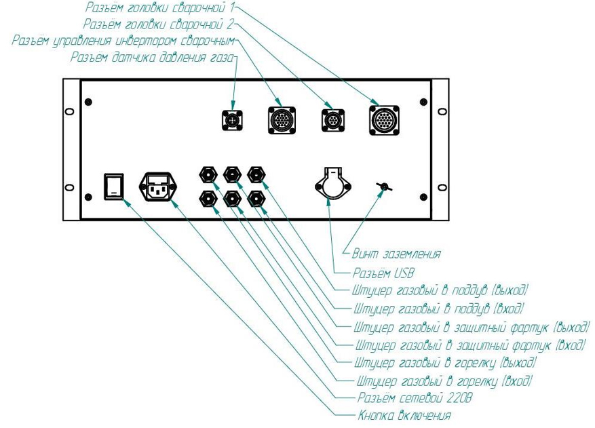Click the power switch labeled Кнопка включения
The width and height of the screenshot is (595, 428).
114,186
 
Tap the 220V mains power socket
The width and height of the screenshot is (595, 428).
158,186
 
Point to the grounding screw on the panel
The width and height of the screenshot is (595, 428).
382,186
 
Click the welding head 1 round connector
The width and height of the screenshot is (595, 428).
383,120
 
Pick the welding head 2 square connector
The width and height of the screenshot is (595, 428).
334,120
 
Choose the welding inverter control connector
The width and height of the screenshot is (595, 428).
283,120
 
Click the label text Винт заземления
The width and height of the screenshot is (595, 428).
396,254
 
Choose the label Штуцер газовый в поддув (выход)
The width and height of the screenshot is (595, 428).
440,290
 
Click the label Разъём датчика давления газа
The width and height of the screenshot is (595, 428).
152,58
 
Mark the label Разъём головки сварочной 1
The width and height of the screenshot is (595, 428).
161,8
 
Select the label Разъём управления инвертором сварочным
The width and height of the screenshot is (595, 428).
123,41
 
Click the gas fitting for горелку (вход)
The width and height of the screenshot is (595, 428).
206,198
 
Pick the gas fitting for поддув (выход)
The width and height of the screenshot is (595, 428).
256,174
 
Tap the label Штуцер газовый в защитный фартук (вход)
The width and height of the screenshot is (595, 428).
470,345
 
